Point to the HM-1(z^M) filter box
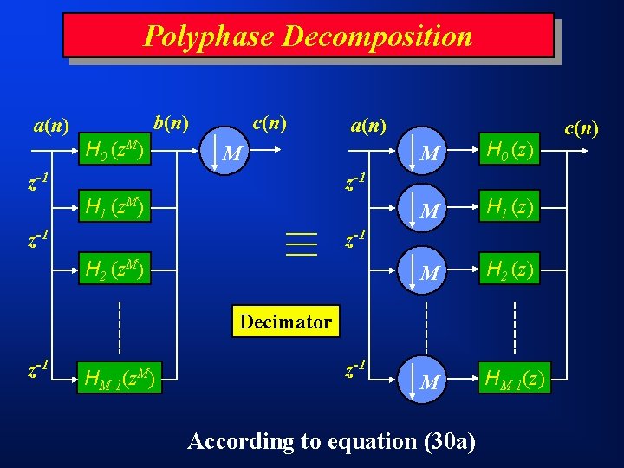120,377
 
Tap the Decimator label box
285,322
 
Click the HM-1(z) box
514,377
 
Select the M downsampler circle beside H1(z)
426,208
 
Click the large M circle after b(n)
230,151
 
